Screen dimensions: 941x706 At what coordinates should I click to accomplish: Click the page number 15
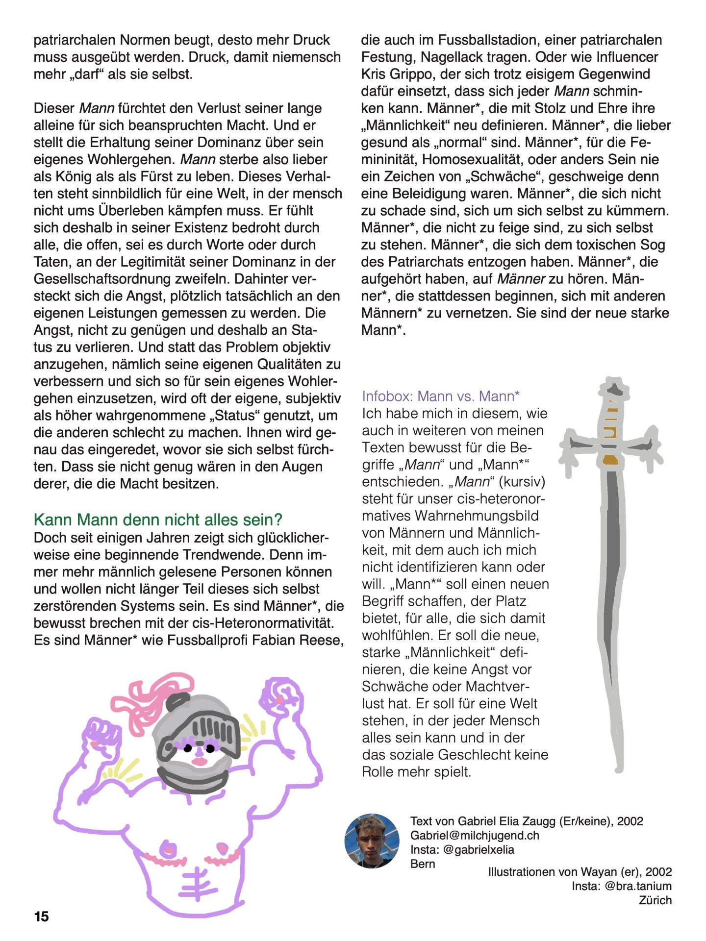tap(42, 916)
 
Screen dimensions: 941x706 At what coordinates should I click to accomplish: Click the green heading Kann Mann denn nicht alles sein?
tap(158, 520)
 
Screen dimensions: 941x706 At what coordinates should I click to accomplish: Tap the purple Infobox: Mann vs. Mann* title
tap(441, 396)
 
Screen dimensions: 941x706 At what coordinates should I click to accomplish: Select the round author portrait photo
tap(372, 841)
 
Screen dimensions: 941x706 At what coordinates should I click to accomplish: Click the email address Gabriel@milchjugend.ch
tap(475, 835)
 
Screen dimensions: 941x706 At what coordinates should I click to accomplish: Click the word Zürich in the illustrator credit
tap(655, 900)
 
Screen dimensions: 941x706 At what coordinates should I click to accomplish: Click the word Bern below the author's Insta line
tap(423, 864)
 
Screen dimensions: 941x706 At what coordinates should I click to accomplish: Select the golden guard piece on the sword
tap(610, 460)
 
